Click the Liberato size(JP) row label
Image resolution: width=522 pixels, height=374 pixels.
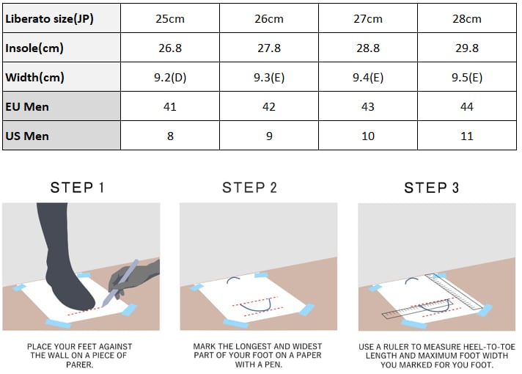pyautogui.click(x=49, y=18)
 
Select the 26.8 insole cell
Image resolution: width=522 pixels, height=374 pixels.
pyautogui.click(x=170, y=48)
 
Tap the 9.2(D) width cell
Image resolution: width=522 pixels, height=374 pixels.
pyautogui.click(x=170, y=77)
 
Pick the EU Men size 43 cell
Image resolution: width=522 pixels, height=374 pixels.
pyautogui.click(x=367, y=106)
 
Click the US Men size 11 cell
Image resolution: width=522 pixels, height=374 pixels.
pyautogui.click(x=467, y=136)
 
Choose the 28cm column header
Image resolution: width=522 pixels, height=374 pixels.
pyautogui.click(x=467, y=18)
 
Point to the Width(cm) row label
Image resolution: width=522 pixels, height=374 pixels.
pyautogui.click(x=34, y=77)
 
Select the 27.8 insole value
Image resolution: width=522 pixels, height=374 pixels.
pyautogui.click(x=269, y=48)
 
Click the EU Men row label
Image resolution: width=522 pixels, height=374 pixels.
pyautogui.click(x=27, y=106)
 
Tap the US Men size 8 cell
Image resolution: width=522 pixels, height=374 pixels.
pyautogui.click(x=170, y=136)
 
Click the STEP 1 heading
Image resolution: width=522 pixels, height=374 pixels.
pyautogui.click(x=77, y=188)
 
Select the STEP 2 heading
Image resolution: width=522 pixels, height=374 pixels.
pyautogui.click(x=249, y=188)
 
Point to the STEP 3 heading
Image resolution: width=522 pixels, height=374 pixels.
pyautogui.click(x=431, y=188)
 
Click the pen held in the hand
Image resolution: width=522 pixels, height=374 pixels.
pyautogui.click(x=120, y=283)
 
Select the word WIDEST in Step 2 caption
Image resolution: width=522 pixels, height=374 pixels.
pyautogui.click(x=306, y=346)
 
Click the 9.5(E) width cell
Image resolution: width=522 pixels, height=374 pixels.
pyautogui.click(x=467, y=77)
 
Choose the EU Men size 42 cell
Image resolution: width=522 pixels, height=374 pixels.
pyautogui.click(x=268, y=106)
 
